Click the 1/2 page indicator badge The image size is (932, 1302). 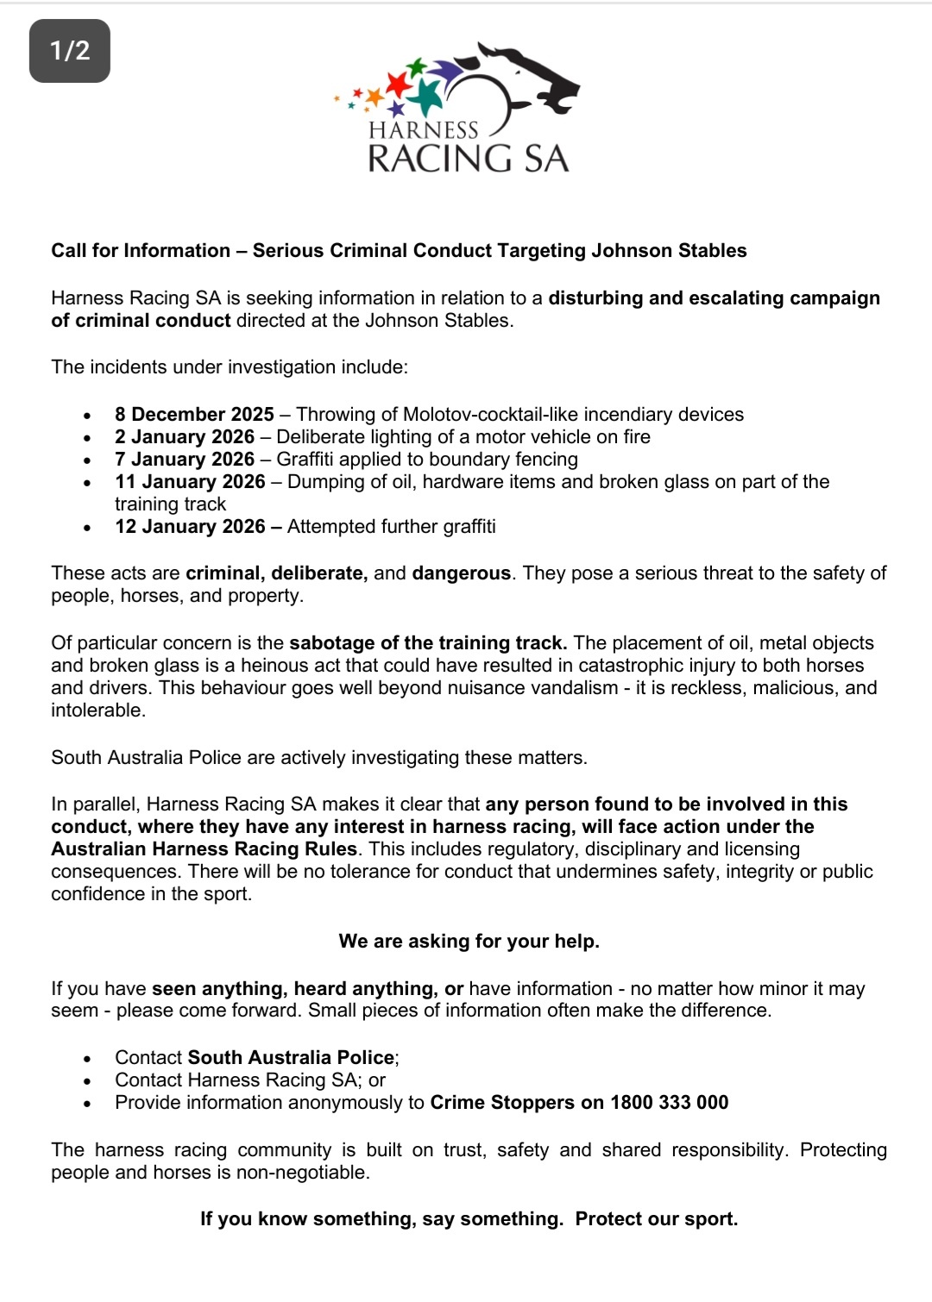click(x=70, y=51)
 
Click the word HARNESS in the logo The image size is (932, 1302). click(x=423, y=130)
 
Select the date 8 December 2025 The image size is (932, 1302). click(x=194, y=415)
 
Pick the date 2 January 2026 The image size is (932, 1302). click(x=185, y=437)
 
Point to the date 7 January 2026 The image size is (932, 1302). click(x=185, y=460)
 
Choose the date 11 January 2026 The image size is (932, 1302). click(x=190, y=482)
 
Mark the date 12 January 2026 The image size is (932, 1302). click(x=190, y=527)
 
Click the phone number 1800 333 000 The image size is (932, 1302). click(x=669, y=1103)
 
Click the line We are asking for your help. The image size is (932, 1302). click(x=469, y=942)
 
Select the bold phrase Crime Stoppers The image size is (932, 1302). click(x=502, y=1103)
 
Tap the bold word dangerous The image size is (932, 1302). click(x=461, y=573)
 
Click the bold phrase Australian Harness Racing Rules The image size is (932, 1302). click(x=204, y=849)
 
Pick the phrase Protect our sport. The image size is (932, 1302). click(x=657, y=1219)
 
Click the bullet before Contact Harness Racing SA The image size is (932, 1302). click(x=87, y=1081)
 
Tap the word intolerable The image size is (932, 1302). click(x=98, y=710)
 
